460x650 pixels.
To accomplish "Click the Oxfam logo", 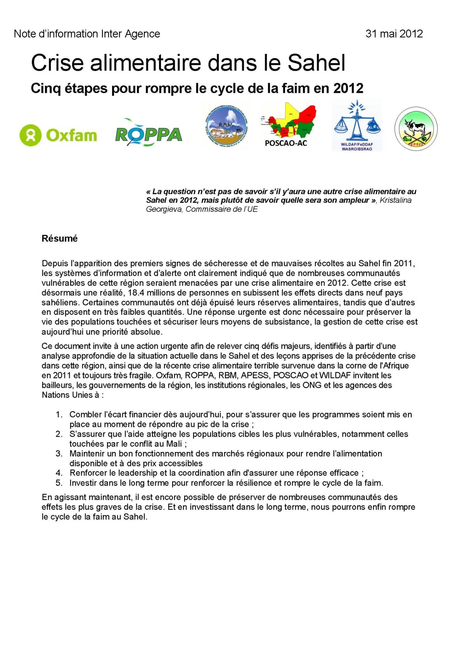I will click(58, 135).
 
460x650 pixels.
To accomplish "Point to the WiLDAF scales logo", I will click(357, 126).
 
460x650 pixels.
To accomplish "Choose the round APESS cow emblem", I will click(416, 129).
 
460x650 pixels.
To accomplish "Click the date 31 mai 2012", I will click(394, 34).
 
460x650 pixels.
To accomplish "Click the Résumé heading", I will click(60, 239).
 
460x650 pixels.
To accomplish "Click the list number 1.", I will click(59, 415).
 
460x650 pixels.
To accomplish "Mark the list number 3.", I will click(59, 454).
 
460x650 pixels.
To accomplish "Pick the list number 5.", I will click(59, 483).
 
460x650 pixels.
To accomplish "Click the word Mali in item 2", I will click(174, 444).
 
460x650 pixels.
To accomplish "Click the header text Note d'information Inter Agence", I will click(87, 34).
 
